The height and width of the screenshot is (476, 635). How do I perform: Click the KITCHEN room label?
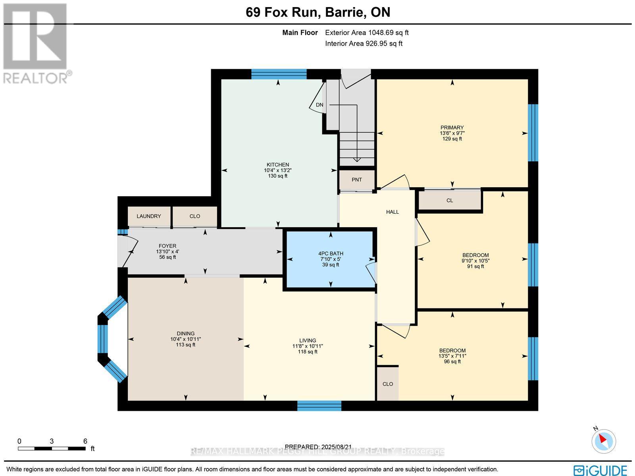click(x=277, y=164)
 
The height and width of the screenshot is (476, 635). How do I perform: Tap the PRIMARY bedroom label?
click(x=452, y=128)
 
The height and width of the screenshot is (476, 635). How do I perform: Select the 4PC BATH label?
click(x=331, y=253)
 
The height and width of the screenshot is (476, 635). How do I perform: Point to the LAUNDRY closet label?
click(x=149, y=216)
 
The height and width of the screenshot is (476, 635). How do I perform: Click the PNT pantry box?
click(x=357, y=180)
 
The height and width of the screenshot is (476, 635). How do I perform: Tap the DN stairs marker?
click(x=319, y=105)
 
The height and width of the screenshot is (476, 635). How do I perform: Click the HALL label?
click(x=393, y=212)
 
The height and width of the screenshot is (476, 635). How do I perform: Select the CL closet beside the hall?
click(x=450, y=200)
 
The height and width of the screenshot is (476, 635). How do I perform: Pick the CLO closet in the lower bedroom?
click(x=388, y=384)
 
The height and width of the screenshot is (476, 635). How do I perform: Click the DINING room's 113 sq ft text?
click(x=186, y=345)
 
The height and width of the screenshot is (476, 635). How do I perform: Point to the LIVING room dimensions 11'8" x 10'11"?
click(x=308, y=346)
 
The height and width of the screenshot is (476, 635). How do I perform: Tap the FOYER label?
click(x=167, y=246)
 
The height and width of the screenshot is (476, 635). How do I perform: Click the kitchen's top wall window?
click(x=279, y=74)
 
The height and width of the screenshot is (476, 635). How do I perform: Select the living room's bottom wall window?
click(x=319, y=406)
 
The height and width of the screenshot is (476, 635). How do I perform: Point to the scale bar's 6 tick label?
click(x=85, y=441)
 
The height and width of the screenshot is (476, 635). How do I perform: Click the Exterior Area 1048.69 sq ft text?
click(x=367, y=33)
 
